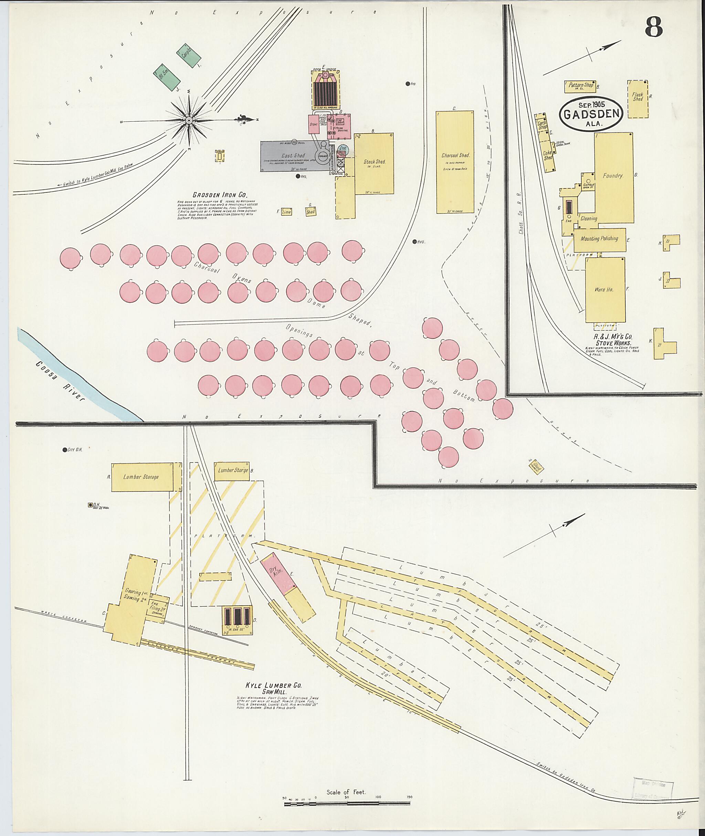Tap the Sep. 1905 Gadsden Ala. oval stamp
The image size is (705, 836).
coord(591,114)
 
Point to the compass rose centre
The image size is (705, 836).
coord(188,120)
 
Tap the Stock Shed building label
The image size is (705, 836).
coord(375,162)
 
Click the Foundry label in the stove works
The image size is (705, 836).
coord(613,176)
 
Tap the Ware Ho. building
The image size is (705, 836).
coord(605,289)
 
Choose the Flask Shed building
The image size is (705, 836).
coord(638,98)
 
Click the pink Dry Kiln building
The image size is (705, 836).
coord(278,573)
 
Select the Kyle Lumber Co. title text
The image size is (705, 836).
coord(273,686)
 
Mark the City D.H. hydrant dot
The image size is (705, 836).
coord(65,450)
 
